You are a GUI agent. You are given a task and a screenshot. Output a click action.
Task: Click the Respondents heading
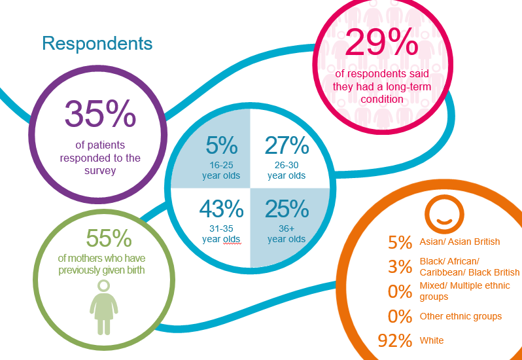tap(97, 44)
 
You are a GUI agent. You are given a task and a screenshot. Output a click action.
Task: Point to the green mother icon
tap(104, 308)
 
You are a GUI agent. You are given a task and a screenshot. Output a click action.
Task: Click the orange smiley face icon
tap(444, 212)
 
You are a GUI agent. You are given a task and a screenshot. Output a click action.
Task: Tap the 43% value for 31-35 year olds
tap(220, 209)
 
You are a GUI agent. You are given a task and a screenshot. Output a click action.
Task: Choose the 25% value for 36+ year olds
tap(287, 209)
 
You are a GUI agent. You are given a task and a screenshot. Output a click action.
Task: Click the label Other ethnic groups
tap(461, 317)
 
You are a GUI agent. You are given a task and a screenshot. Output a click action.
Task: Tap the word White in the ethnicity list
tap(432, 341)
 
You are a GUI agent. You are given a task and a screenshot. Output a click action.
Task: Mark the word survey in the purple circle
tap(99, 171)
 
